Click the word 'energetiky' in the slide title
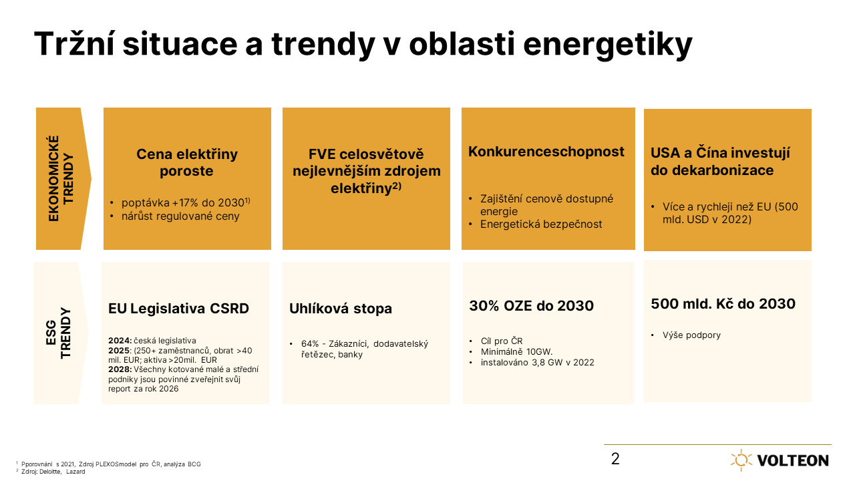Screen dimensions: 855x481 608,44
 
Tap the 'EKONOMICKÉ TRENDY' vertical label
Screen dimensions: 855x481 60,178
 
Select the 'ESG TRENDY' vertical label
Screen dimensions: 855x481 58,333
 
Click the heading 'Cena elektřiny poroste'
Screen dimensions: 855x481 187,162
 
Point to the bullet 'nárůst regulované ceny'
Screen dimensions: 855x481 180,216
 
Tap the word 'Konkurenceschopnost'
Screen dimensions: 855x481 546,152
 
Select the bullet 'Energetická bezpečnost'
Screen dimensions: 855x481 541,224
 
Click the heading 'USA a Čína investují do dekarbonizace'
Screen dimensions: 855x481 720,162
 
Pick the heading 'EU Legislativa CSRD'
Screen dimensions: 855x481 178,309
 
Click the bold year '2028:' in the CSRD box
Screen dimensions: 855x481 120,369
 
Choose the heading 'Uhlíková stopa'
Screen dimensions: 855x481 341,309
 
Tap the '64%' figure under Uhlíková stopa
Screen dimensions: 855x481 309,344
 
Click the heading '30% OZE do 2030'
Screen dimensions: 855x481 531,306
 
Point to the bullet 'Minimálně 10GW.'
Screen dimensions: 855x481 516,351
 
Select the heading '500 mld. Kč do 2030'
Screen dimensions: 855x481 723,304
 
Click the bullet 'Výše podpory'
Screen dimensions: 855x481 691,335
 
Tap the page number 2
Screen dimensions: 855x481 615,459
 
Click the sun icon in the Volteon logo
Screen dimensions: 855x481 741,460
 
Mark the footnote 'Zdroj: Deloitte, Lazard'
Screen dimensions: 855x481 53,472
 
